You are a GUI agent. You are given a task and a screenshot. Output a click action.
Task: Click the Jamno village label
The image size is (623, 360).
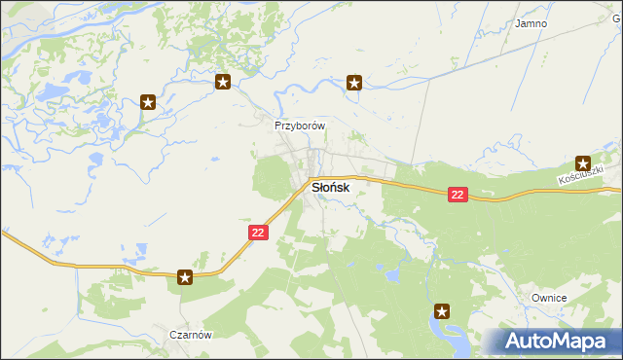[531, 22]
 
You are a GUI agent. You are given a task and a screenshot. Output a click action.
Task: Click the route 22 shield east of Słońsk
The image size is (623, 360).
[458, 195]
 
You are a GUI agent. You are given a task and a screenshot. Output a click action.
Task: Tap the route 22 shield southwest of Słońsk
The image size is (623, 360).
[257, 233]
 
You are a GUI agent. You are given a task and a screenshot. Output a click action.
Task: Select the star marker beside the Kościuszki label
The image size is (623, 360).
[583, 163]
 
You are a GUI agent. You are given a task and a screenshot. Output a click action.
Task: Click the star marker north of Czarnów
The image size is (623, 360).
[185, 278]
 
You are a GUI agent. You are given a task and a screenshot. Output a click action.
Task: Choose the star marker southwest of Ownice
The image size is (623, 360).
[442, 311]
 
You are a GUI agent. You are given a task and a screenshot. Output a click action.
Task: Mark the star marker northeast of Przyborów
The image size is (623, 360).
[354, 83]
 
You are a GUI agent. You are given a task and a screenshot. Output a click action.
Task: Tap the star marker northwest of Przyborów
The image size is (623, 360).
[223, 83]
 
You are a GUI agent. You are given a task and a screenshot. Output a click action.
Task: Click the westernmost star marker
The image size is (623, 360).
[148, 101]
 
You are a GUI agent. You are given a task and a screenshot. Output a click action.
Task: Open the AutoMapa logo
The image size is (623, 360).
[551, 342]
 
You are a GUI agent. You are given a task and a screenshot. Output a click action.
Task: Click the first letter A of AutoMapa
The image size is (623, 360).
[517, 342]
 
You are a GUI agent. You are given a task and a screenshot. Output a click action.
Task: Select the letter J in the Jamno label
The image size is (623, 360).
[518, 22]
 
